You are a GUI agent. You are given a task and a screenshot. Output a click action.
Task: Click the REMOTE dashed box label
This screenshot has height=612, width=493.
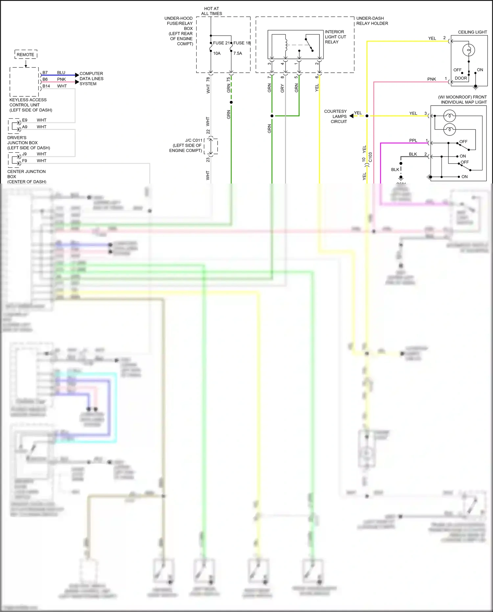click(x=25, y=55)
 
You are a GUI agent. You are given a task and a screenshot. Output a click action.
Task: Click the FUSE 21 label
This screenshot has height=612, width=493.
click(x=221, y=43)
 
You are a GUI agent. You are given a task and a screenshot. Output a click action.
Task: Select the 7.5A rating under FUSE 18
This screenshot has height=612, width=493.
click(x=238, y=53)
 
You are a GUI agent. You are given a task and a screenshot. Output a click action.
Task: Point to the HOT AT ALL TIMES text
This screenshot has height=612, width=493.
click(x=211, y=11)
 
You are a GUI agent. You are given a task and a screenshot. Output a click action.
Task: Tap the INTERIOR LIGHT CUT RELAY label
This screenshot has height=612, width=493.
click(x=335, y=37)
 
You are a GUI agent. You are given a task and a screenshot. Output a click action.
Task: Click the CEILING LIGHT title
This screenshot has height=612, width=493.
click(x=472, y=32)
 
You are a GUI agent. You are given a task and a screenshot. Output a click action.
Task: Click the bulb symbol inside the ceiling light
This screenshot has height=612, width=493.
click(x=468, y=50)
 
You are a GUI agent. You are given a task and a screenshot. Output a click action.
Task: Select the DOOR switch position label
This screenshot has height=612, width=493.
click(x=461, y=78)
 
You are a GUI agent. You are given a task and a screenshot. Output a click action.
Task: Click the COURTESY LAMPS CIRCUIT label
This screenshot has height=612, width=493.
click(x=335, y=116)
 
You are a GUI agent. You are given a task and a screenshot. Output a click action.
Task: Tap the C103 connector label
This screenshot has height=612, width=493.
click(x=370, y=157)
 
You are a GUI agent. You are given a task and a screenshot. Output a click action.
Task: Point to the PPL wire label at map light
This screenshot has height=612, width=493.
click(x=413, y=140)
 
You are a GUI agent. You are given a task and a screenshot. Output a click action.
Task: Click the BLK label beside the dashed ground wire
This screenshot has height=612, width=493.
click(x=395, y=170)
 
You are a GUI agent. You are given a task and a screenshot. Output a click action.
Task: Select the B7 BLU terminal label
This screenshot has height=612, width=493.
click(x=54, y=73)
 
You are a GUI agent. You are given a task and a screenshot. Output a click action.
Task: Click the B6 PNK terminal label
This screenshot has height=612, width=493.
click(x=54, y=79)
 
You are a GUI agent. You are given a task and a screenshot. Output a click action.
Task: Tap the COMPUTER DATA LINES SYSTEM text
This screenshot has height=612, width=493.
click(x=91, y=79)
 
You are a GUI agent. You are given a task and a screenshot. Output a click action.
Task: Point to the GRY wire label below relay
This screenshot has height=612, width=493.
click(x=282, y=88)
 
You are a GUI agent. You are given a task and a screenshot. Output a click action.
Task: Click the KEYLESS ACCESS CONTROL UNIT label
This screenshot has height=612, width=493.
click(x=30, y=105)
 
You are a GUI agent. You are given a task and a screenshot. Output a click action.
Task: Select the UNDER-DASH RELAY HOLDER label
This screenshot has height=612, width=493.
click(x=372, y=21)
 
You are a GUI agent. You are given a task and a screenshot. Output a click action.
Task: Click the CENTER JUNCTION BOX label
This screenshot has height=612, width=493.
click(x=26, y=176)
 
